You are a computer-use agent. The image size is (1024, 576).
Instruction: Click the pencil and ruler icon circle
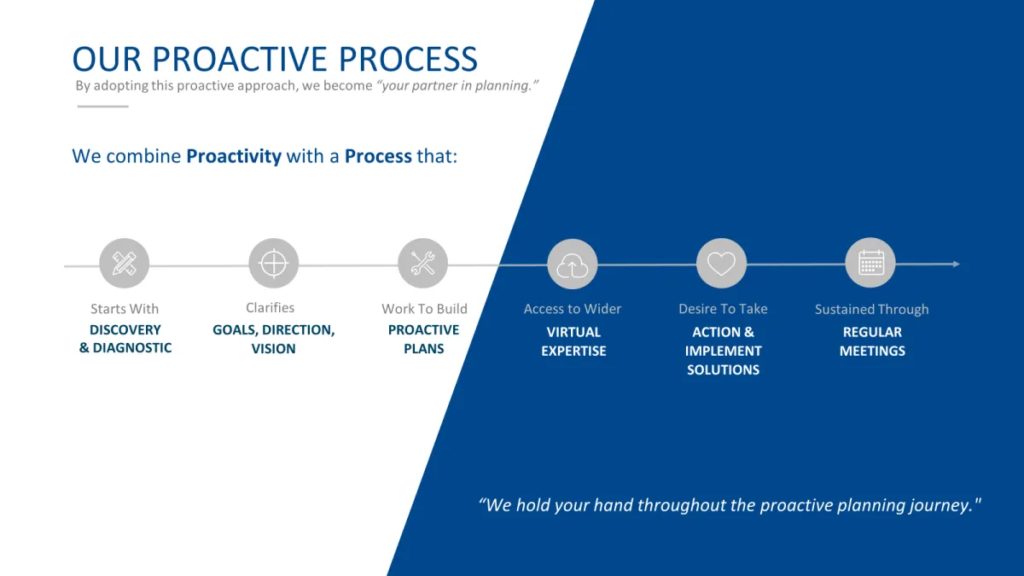click(125, 264)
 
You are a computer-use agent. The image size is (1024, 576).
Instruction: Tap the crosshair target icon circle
click(273, 264)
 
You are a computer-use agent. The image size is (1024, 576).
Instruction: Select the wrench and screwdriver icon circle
click(423, 264)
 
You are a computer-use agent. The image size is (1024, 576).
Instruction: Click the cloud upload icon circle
click(573, 265)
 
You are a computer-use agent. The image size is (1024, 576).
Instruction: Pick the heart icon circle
click(721, 264)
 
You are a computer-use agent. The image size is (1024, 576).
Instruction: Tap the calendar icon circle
click(870, 263)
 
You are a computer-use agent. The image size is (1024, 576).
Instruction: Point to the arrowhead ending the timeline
click(957, 264)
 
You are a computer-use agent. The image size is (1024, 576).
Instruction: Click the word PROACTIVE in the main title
click(240, 60)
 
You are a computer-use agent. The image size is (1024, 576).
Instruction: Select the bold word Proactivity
click(234, 156)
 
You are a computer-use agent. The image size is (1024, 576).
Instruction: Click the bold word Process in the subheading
click(378, 156)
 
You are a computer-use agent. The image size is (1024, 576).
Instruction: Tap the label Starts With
click(125, 309)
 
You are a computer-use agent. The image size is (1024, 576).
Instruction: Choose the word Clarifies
click(271, 308)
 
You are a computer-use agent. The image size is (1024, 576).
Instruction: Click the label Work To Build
click(425, 309)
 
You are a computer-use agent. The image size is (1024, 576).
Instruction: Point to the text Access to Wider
click(573, 309)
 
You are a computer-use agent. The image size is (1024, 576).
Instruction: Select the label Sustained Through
click(872, 310)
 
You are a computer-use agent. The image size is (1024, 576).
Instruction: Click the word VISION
click(273, 349)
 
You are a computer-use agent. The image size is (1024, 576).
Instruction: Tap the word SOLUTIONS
click(724, 369)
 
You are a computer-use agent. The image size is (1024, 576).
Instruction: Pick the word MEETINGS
click(872, 351)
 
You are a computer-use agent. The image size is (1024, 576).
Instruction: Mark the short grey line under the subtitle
click(103, 107)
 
